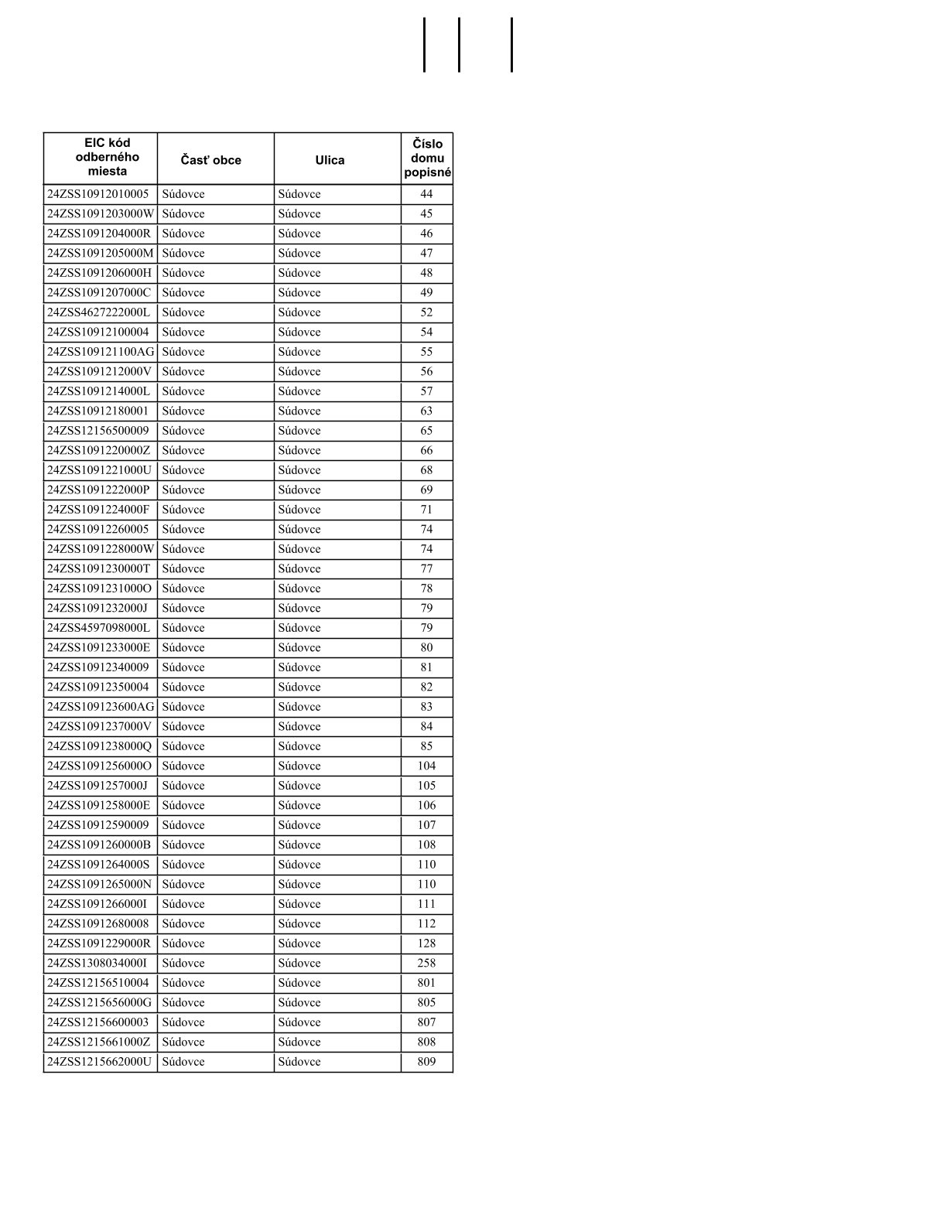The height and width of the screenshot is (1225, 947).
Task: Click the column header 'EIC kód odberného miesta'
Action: click(x=108, y=157)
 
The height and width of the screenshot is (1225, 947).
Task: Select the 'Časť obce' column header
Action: click(x=211, y=160)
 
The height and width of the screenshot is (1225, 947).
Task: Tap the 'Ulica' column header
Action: click(x=330, y=160)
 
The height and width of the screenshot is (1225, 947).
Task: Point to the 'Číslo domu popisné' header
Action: click(x=427, y=158)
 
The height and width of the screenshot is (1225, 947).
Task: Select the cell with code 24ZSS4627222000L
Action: click(x=99, y=312)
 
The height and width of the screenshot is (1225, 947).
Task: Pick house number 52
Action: click(x=426, y=312)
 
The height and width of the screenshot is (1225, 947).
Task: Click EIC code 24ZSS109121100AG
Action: click(x=101, y=352)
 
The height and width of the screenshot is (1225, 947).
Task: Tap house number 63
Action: click(x=426, y=411)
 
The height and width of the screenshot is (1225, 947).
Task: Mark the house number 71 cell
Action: click(x=426, y=510)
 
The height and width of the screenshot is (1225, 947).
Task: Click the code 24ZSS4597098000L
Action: click(x=99, y=628)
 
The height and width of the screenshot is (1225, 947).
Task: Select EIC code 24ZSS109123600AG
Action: click(x=101, y=707)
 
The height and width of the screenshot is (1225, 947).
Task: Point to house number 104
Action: click(x=426, y=766)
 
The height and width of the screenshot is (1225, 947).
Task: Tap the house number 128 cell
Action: click(x=426, y=943)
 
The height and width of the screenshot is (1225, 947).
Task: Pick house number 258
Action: click(x=426, y=963)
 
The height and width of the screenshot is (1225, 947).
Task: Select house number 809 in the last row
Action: click(x=426, y=1062)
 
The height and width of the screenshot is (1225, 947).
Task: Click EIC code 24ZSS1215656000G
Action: click(x=100, y=1002)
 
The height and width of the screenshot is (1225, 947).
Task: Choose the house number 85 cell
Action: click(x=426, y=746)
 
